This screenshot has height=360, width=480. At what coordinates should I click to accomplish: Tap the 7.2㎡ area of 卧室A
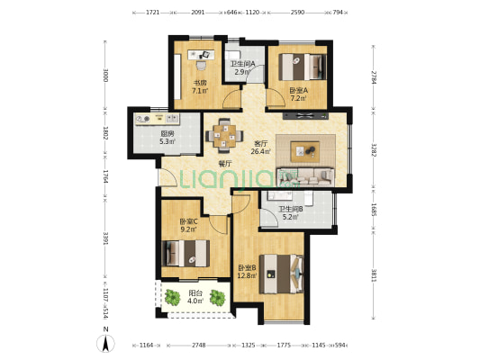click(x=298, y=98)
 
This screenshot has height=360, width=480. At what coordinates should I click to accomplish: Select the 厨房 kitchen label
click(x=168, y=134)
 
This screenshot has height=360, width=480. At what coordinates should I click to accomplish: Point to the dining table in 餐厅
click(x=225, y=135)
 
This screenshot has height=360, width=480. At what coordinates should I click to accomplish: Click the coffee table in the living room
click(x=305, y=151)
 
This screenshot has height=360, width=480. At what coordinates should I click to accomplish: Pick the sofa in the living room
click(x=305, y=176)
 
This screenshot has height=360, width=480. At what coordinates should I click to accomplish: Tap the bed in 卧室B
click(x=281, y=274)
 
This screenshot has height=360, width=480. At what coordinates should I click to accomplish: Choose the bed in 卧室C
click(x=186, y=253)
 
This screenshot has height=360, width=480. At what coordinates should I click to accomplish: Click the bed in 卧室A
click(x=303, y=67)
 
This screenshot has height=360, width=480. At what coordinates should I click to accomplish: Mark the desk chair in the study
click(x=201, y=65)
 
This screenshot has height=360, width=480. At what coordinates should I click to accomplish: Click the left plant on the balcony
click(x=173, y=297)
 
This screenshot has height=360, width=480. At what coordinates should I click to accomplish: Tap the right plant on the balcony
click(x=218, y=298)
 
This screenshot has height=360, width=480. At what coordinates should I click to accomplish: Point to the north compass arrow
click(x=105, y=343)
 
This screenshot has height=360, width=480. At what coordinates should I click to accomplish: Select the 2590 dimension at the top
click(x=297, y=13)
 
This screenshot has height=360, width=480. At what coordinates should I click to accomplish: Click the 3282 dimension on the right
click(x=374, y=149)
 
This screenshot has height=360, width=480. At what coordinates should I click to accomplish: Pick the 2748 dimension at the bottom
click(x=199, y=346)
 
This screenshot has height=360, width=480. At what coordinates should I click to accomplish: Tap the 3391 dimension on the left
click(x=105, y=238)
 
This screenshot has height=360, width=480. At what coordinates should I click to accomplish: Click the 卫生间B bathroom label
click(x=291, y=209)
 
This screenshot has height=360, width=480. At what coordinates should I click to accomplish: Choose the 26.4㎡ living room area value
click(x=261, y=151)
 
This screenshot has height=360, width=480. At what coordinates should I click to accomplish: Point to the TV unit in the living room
click(x=305, y=115)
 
